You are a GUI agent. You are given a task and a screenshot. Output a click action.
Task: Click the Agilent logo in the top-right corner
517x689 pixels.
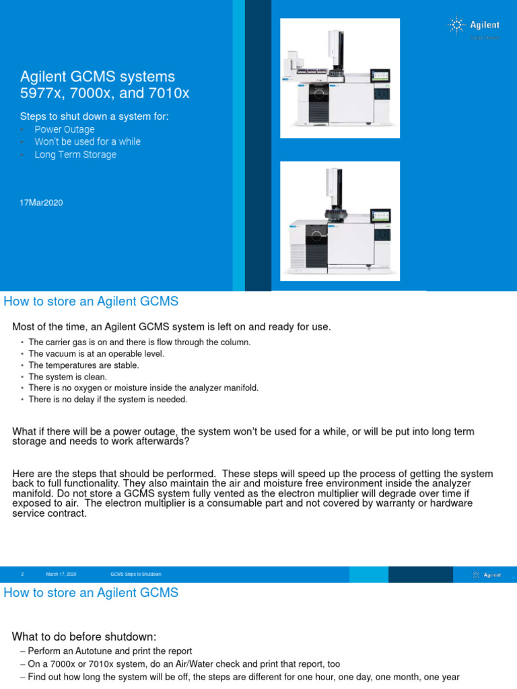(474, 26)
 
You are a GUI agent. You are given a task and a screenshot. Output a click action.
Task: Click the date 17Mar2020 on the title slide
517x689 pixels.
(42, 203)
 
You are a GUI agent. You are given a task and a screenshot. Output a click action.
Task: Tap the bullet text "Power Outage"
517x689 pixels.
(65, 129)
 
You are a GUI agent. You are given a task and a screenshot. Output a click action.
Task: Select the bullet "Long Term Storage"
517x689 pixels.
(75, 155)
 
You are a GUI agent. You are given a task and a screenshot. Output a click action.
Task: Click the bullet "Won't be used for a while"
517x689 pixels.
(88, 142)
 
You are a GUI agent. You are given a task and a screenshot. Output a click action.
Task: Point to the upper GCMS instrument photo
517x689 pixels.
(340, 78)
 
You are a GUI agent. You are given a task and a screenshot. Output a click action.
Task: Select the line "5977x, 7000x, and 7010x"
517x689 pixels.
(104, 94)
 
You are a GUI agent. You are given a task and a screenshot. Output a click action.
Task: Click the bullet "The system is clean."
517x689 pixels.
(67, 377)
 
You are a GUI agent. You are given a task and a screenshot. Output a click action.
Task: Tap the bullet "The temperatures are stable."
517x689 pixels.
(83, 365)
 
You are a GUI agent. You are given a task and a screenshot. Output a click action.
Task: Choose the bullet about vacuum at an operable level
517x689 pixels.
(96, 354)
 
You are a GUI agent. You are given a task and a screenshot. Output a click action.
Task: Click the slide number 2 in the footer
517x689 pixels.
(22, 574)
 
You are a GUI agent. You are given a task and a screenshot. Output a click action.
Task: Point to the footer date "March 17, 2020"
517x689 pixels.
(61, 574)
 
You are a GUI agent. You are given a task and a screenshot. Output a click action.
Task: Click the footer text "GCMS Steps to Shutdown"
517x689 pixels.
(136, 574)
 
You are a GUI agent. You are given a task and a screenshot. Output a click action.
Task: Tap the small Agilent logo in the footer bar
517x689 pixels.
(487, 575)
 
